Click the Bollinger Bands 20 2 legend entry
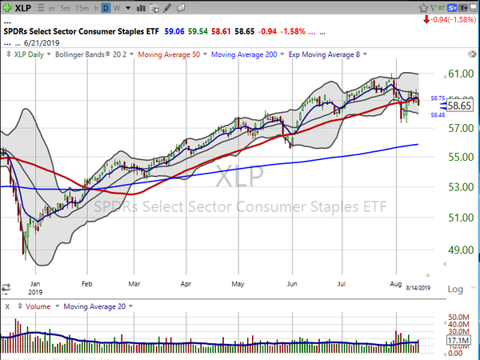[92, 55]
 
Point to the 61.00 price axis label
[458, 74]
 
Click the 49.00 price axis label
[458, 250]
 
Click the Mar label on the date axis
[135, 282]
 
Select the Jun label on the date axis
[292, 282]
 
